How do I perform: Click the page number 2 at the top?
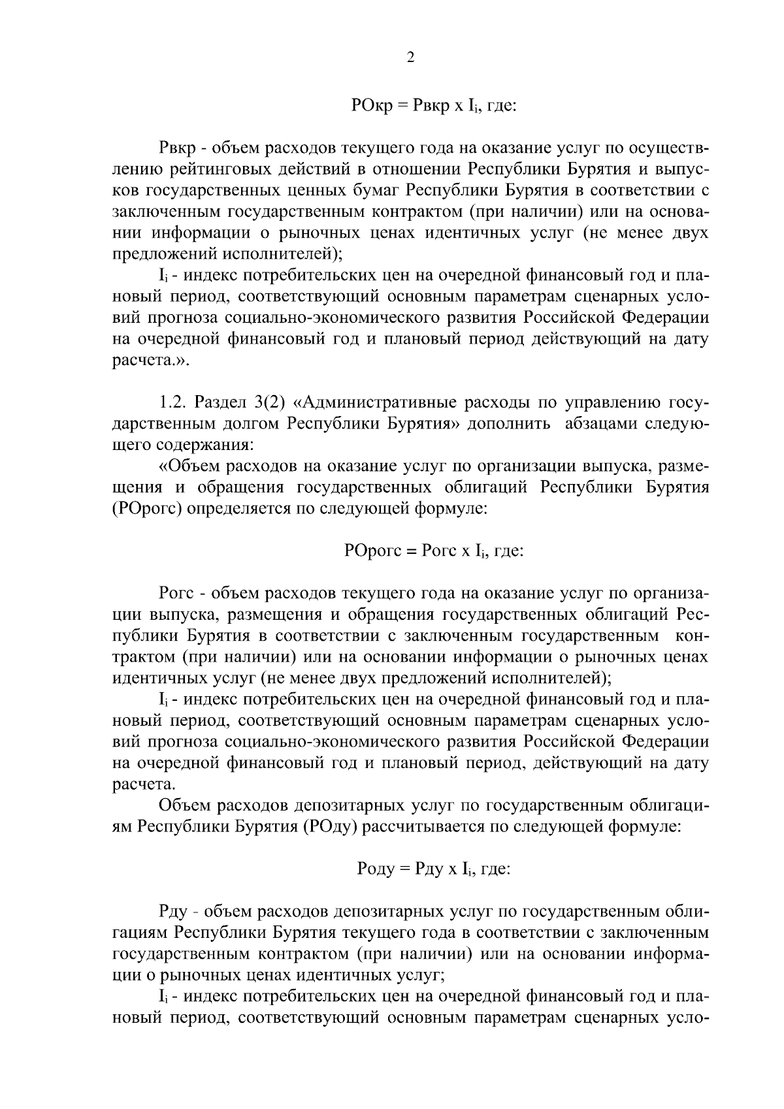[x=410, y=58]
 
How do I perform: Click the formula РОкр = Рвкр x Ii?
[x=433, y=105]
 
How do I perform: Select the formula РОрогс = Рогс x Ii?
[x=433, y=551]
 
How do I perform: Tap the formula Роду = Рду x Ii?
[x=433, y=869]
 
